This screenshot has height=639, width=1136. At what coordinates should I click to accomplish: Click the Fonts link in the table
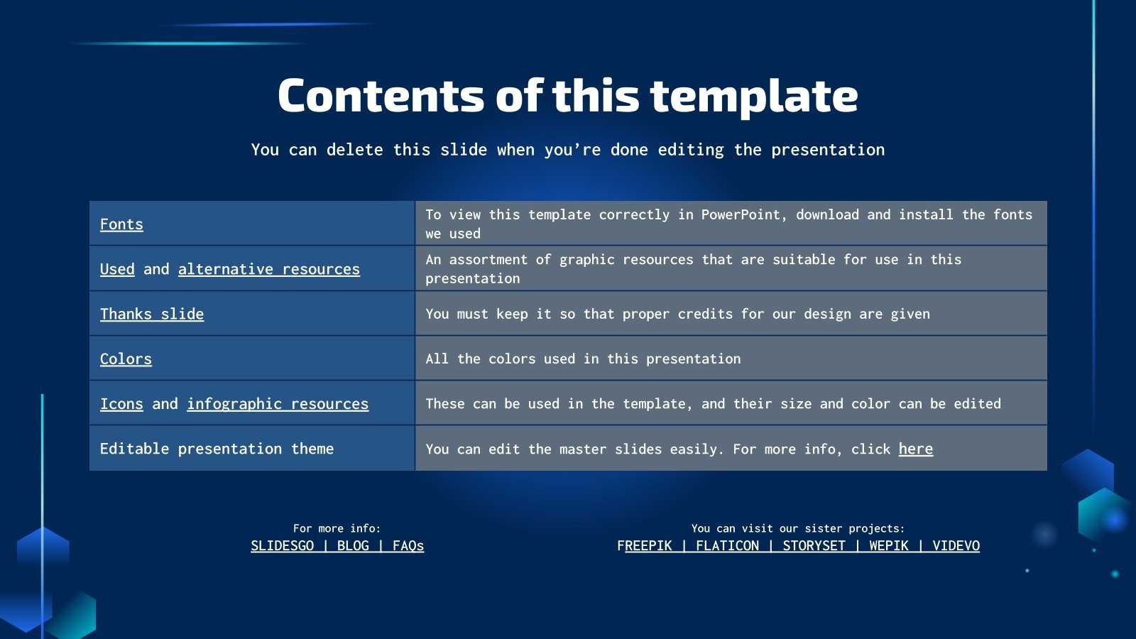click(121, 224)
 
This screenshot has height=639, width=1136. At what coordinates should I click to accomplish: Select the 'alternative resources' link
click(268, 269)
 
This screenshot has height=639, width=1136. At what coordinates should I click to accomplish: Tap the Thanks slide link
click(152, 314)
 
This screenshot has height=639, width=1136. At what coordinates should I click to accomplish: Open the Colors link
click(126, 359)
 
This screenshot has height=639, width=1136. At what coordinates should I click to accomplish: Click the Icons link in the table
click(121, 403)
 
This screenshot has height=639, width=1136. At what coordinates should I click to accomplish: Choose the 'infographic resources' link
click(278, 403)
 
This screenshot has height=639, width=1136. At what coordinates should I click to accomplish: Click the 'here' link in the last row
click(915, 449)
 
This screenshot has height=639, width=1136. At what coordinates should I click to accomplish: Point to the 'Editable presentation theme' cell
click(217, 449)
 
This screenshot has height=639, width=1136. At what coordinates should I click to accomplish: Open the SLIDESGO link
click(282, 545)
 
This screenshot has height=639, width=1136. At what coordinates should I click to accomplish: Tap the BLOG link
click(353, 545)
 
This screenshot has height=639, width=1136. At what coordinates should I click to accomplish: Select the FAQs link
click(408, 545)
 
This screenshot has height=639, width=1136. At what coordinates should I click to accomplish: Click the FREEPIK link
click(645, 545)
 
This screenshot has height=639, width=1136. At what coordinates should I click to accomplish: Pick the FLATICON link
click(727, 545)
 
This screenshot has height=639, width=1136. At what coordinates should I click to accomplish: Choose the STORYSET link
click(814, 545)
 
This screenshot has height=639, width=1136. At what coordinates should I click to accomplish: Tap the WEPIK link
click(889, 545)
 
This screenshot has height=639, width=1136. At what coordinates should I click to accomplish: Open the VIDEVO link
click(956, 545)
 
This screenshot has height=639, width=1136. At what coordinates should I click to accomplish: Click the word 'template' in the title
click(753, 97)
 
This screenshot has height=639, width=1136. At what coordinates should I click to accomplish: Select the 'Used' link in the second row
click(117, 269)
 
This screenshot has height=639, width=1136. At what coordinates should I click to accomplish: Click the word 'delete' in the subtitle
click(354, 150)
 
